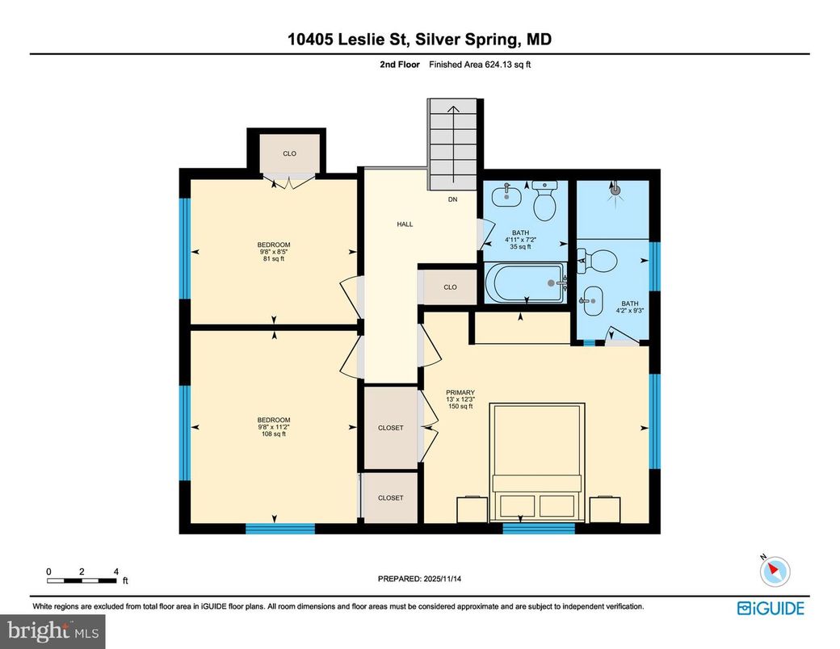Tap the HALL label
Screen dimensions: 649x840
(x=404, y=224)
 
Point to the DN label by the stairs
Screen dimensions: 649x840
(x=454, y=199)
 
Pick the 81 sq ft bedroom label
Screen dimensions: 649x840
(x=274, y=252)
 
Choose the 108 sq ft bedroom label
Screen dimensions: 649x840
(x=274, y=427)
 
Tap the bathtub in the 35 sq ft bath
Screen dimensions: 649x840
(x=523, y=283)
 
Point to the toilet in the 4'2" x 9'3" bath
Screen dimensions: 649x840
(x=598, y=260)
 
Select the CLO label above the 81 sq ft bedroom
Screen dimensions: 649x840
(x=289, y=153)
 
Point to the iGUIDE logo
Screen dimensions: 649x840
(x=771, y=608)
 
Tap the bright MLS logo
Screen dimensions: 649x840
(x=53, y=630)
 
